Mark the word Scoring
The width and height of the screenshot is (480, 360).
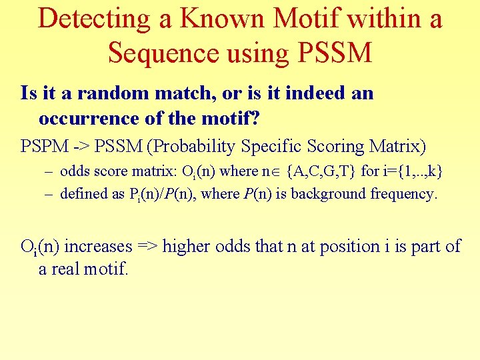323,146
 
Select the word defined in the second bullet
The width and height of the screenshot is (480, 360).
83,194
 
